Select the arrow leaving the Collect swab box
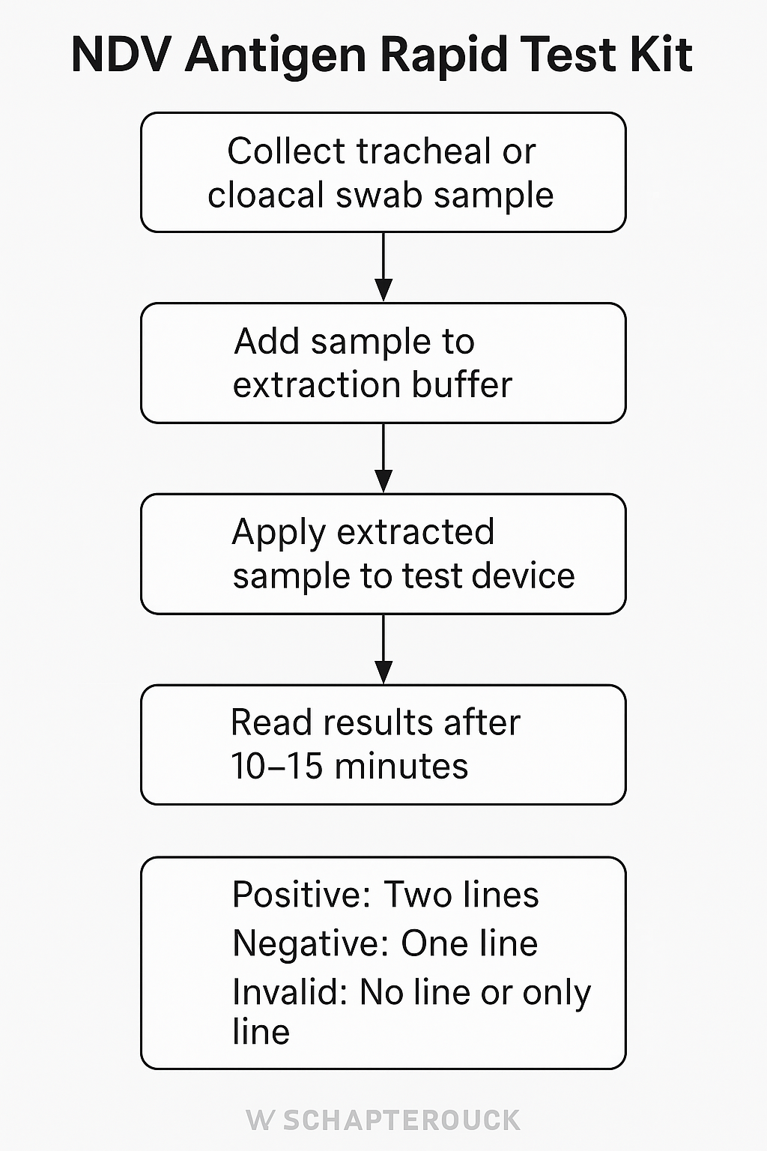tap(383, 267)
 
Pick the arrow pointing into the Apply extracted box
tap(383, 458)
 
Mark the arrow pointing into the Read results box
tap(383, 649)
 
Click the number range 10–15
tap(276, 766)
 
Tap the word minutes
tap(401, 766)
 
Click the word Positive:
tap(302, 895)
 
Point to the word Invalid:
tap(291, 992)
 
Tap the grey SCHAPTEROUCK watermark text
tap(401, 1121)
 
